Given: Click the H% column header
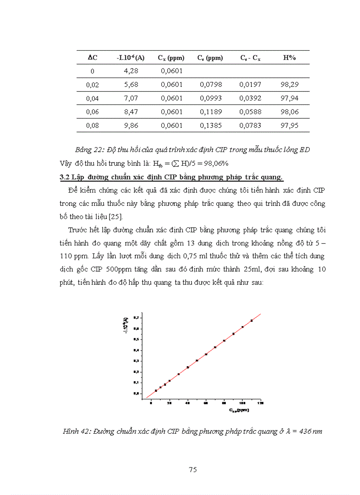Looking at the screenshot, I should pos(289,58).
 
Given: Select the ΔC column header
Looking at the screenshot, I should pos(92,58).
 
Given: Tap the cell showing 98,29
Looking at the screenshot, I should pos(289,85).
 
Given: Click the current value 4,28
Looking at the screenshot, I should pos(131,71).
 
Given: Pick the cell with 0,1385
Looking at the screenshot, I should pos(212,125).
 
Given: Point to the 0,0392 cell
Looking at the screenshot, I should pos(250,98).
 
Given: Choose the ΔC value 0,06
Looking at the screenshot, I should pos(92,112).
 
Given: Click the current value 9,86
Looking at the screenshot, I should pos(131,125).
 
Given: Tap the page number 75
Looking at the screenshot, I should pos(192,469).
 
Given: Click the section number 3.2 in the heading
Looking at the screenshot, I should pos(65,177).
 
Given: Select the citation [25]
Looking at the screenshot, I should pos(116,217).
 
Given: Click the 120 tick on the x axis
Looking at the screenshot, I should pos(261,403).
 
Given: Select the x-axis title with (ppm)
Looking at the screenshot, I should pos(239,410).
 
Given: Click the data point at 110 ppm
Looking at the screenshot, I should pos(251,320).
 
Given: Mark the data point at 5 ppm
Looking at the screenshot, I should pos(156,391).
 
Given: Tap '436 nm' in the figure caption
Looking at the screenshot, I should pos(311,431).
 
